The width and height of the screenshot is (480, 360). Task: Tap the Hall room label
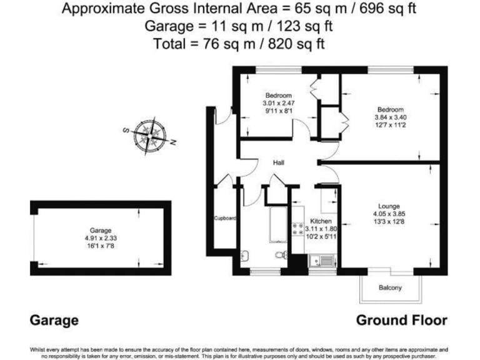279,162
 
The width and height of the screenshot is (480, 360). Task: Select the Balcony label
390,288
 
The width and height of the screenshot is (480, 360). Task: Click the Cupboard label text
225,219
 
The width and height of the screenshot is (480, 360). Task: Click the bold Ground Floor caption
401,320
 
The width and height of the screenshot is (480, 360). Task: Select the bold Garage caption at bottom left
54,321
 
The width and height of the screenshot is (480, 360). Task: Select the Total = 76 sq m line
239,44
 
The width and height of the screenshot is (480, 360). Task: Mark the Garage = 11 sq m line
239,27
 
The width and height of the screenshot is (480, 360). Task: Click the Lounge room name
389,206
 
